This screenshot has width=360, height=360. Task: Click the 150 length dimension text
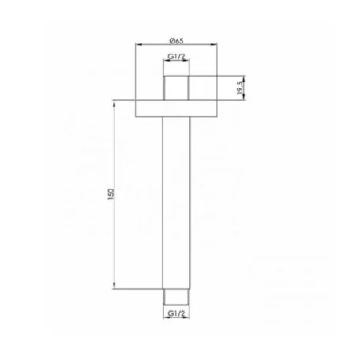coord(112,193)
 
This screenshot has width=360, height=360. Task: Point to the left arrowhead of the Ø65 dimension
coord(141,45)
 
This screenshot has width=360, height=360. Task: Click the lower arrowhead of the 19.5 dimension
coord(243,97)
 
